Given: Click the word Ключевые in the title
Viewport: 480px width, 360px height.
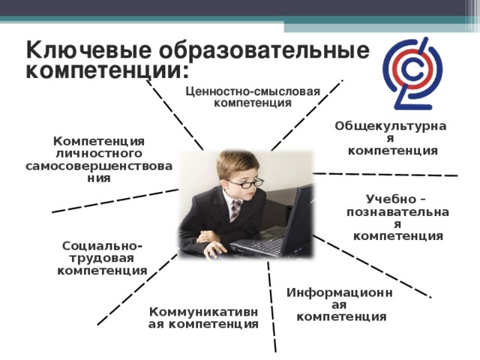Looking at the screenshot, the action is pos(88,49).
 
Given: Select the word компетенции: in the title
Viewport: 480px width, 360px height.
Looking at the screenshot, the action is pos(106,70).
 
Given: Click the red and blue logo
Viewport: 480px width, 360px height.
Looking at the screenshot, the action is pos(412,73).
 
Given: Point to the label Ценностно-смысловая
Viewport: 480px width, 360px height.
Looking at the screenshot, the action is pos(253,91).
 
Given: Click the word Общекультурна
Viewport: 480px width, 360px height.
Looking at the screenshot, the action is pos(390,126).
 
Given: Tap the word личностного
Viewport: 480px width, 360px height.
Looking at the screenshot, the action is pos(99,154).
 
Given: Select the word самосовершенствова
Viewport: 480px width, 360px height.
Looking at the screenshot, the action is pos(99,166).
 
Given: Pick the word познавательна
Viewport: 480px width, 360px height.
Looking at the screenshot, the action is pos(397,212).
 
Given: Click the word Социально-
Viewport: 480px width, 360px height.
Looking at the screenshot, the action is pos(102,246).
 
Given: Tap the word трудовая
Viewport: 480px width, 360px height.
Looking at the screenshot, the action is pos(102,259).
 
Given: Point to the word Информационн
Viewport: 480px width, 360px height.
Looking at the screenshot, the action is pos(340,293).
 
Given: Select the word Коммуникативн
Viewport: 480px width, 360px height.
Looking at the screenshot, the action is pos(203,312).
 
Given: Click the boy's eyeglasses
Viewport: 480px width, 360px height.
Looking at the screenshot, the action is pos(246,183).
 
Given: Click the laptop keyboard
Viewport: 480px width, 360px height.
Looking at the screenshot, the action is pos(259,244).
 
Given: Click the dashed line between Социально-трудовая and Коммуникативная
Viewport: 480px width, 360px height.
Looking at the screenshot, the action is pos(137,289).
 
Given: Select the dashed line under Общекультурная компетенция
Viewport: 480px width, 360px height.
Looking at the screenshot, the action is pos(385,175).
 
